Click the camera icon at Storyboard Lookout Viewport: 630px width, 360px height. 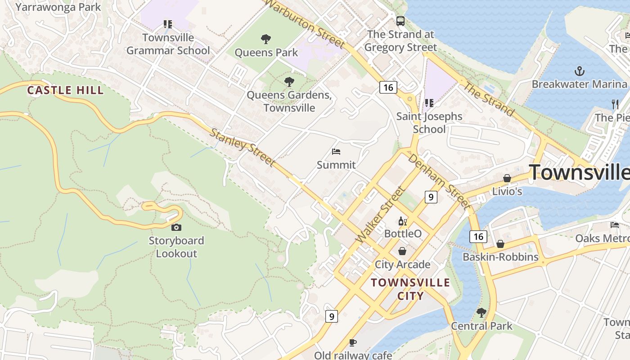tap(176, 227)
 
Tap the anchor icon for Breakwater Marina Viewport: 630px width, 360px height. tap(580, 71)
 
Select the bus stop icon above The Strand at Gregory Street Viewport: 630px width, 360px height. tap(400, 21)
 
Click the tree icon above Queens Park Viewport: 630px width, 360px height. tap(266, 39)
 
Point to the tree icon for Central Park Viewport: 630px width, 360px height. tap(481, 312)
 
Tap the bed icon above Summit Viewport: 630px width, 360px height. tap(336, 152)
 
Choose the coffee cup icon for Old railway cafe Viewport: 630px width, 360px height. tap(353, 342)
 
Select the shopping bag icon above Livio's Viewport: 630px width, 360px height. tap(507, 178)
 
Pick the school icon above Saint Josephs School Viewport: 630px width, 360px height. tap(429, 103)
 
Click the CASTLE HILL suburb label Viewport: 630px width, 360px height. tap(66, 90)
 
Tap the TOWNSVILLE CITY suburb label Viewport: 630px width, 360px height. tap(410, 289)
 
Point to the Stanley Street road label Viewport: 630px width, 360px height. tap(243, 147)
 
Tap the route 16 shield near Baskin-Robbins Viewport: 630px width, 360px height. tap(478, 236)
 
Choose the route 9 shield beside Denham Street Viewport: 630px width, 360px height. tap(431, 197)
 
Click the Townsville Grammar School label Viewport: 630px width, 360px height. tap(168, 44)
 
